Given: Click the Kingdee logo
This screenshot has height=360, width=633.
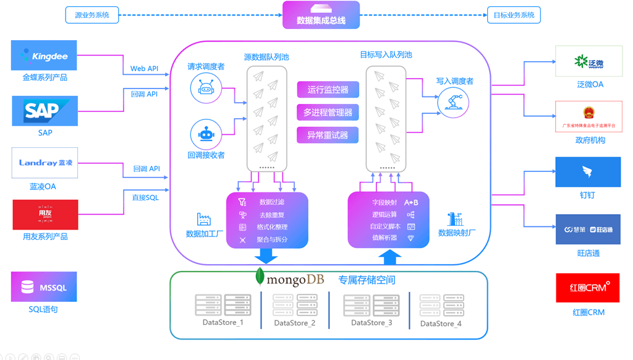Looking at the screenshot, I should [44, 56].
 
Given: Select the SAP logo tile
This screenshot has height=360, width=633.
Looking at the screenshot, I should [45, 111].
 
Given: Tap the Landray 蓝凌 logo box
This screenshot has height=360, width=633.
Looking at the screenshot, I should [45, 163].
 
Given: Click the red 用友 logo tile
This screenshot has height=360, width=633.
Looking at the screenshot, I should [45, 215].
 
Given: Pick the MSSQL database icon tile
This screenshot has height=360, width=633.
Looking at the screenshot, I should [44, 287].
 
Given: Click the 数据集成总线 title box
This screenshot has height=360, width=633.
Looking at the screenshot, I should [321, 15].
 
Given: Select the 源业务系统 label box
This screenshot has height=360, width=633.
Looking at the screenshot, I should [91, 15].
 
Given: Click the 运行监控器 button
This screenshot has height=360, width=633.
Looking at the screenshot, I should [328, 90].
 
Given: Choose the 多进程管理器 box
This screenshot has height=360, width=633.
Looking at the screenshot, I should [328, 112].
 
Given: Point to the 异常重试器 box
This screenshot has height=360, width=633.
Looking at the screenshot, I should [328, 135].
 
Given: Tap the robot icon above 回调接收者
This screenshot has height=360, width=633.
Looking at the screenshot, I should [206, 134].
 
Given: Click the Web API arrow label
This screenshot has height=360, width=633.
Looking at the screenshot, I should [144, 69].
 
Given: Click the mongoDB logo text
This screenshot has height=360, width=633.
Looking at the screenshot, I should [289, 280].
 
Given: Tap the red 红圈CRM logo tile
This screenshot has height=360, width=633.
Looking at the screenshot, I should [587, 288].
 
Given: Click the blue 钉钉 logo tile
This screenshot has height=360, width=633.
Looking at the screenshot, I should [587, 172].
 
